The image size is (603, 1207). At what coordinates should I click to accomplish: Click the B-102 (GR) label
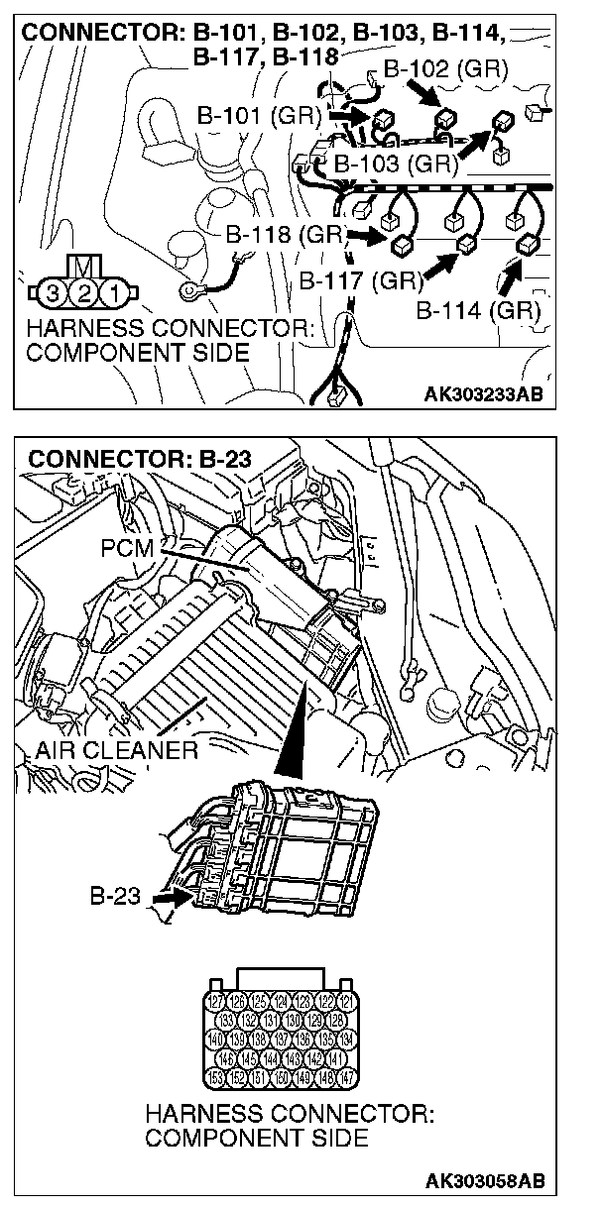click(x=445, y=69)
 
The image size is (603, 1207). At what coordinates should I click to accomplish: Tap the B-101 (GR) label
click(x=260, y=115)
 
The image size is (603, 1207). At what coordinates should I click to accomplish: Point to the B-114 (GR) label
click(x=478, y=310)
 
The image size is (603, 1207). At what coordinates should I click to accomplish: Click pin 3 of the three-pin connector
click(x=53, y=292)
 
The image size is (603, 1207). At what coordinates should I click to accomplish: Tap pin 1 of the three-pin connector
click(x=116, y=292)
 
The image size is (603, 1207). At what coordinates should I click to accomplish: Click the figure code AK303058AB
click(x=484, y=1180)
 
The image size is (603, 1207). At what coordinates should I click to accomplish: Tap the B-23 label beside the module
click(x=116, y=898)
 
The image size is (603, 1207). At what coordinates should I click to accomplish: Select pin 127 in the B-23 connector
click(x=216, y=1002)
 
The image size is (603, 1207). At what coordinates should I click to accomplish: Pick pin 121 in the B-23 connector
click(x=346, y=1002)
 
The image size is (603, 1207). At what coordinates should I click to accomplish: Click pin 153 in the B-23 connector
click(x=216, y=1077)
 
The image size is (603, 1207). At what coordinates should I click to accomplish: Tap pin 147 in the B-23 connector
click(x=346, y=1077)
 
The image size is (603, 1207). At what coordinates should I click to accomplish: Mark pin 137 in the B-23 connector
click(x=282, y=1040)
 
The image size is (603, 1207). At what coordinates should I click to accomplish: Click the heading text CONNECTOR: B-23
click(x=141, y=459)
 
